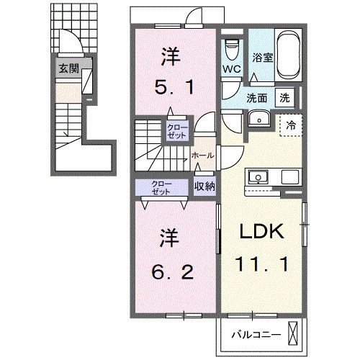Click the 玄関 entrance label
69,69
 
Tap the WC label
230,69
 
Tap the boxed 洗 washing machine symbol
284,97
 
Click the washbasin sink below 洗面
256,119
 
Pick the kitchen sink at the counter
258,177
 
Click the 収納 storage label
204,186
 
